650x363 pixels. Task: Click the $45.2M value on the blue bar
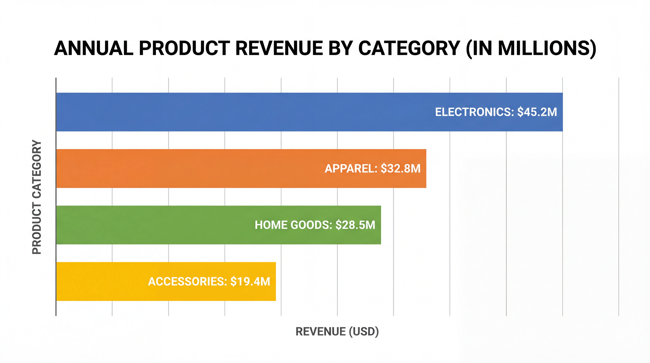(x=537, y=112)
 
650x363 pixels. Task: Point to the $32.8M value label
(x=400, y=168)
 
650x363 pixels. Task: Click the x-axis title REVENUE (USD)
(x=337, y=331)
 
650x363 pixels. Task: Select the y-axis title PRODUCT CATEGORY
(x=37, y=197)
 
